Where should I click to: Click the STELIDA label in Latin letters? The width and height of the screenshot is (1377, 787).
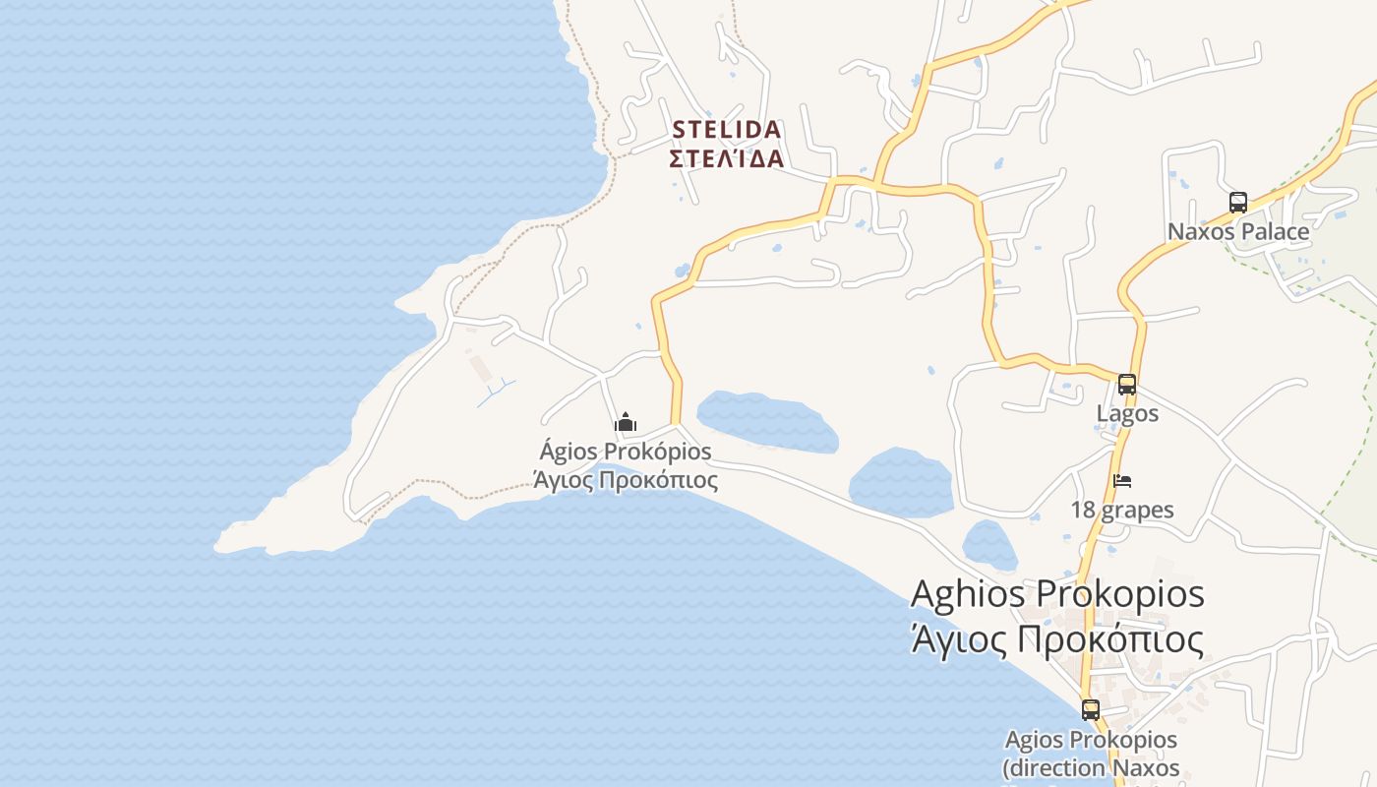pyautogui.click(x=727, y=130)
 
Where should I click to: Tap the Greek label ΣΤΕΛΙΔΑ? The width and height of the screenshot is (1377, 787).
pyautogui.click(x=727, y=158)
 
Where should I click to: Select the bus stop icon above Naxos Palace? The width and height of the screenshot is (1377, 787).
pyautogui.click(x=1238, y=203)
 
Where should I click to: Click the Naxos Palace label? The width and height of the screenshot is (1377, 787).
pyautogui.click(x=1238, y=232)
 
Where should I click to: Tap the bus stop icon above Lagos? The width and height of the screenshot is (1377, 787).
pyautogui.click(x=1127, y=385)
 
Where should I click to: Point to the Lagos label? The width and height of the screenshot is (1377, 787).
pyautogui.click(x=1127, y=414)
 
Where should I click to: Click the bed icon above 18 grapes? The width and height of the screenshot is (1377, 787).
pyautogui.click(x=1122, y=481)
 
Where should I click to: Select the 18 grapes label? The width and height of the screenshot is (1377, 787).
pyautogui.click(x=1122, y=511)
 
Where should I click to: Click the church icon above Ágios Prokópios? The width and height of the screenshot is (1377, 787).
pyautogui.click(x=626, y=423)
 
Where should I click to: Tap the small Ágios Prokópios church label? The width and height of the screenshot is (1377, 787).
pyautogui.click(x=626, y=453)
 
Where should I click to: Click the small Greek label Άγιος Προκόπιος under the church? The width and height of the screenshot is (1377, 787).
pyautogui.click(x=626, y=480)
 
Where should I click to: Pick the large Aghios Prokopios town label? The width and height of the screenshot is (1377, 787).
pyautogui.click(x=1057, y=595)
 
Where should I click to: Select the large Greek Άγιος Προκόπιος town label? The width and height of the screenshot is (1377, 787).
pyautogui.click(x=1057, y=640)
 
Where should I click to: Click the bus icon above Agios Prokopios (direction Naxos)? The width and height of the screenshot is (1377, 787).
pyautogui.click(x=1091, y=709)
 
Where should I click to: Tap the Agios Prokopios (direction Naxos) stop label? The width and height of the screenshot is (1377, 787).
pyautogui.click(x=1091, y=753)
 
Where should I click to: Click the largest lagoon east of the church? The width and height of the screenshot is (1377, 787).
pyautogui.click(x=767, y=421)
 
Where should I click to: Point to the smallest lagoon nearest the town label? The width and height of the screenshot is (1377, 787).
pyautogui.click(x=988, y=544)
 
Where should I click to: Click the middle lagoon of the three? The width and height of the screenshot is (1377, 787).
pyautogui.click(x=900, y=482)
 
